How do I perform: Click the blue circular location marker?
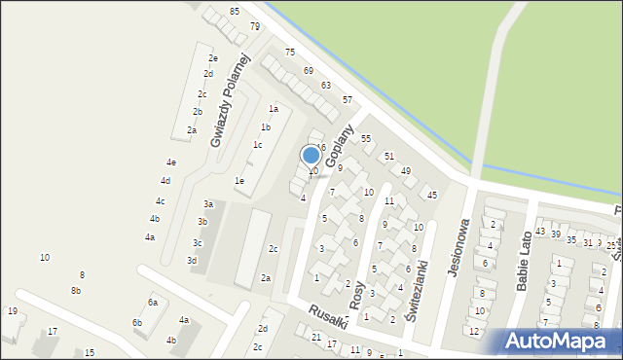(311, 155)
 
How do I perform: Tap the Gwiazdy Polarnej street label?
(231, 100)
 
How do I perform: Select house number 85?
(235, 11)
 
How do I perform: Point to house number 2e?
(212, 58)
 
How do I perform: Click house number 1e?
(239, 181)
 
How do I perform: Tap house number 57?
(348, 100)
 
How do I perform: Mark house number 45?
(432, 196)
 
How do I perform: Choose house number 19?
(12, 311)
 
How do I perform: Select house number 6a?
(153, 303)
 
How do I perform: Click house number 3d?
(192, 261)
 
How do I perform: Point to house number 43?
(540, 233)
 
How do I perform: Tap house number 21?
(316, 337)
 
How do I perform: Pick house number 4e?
(171, 162)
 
